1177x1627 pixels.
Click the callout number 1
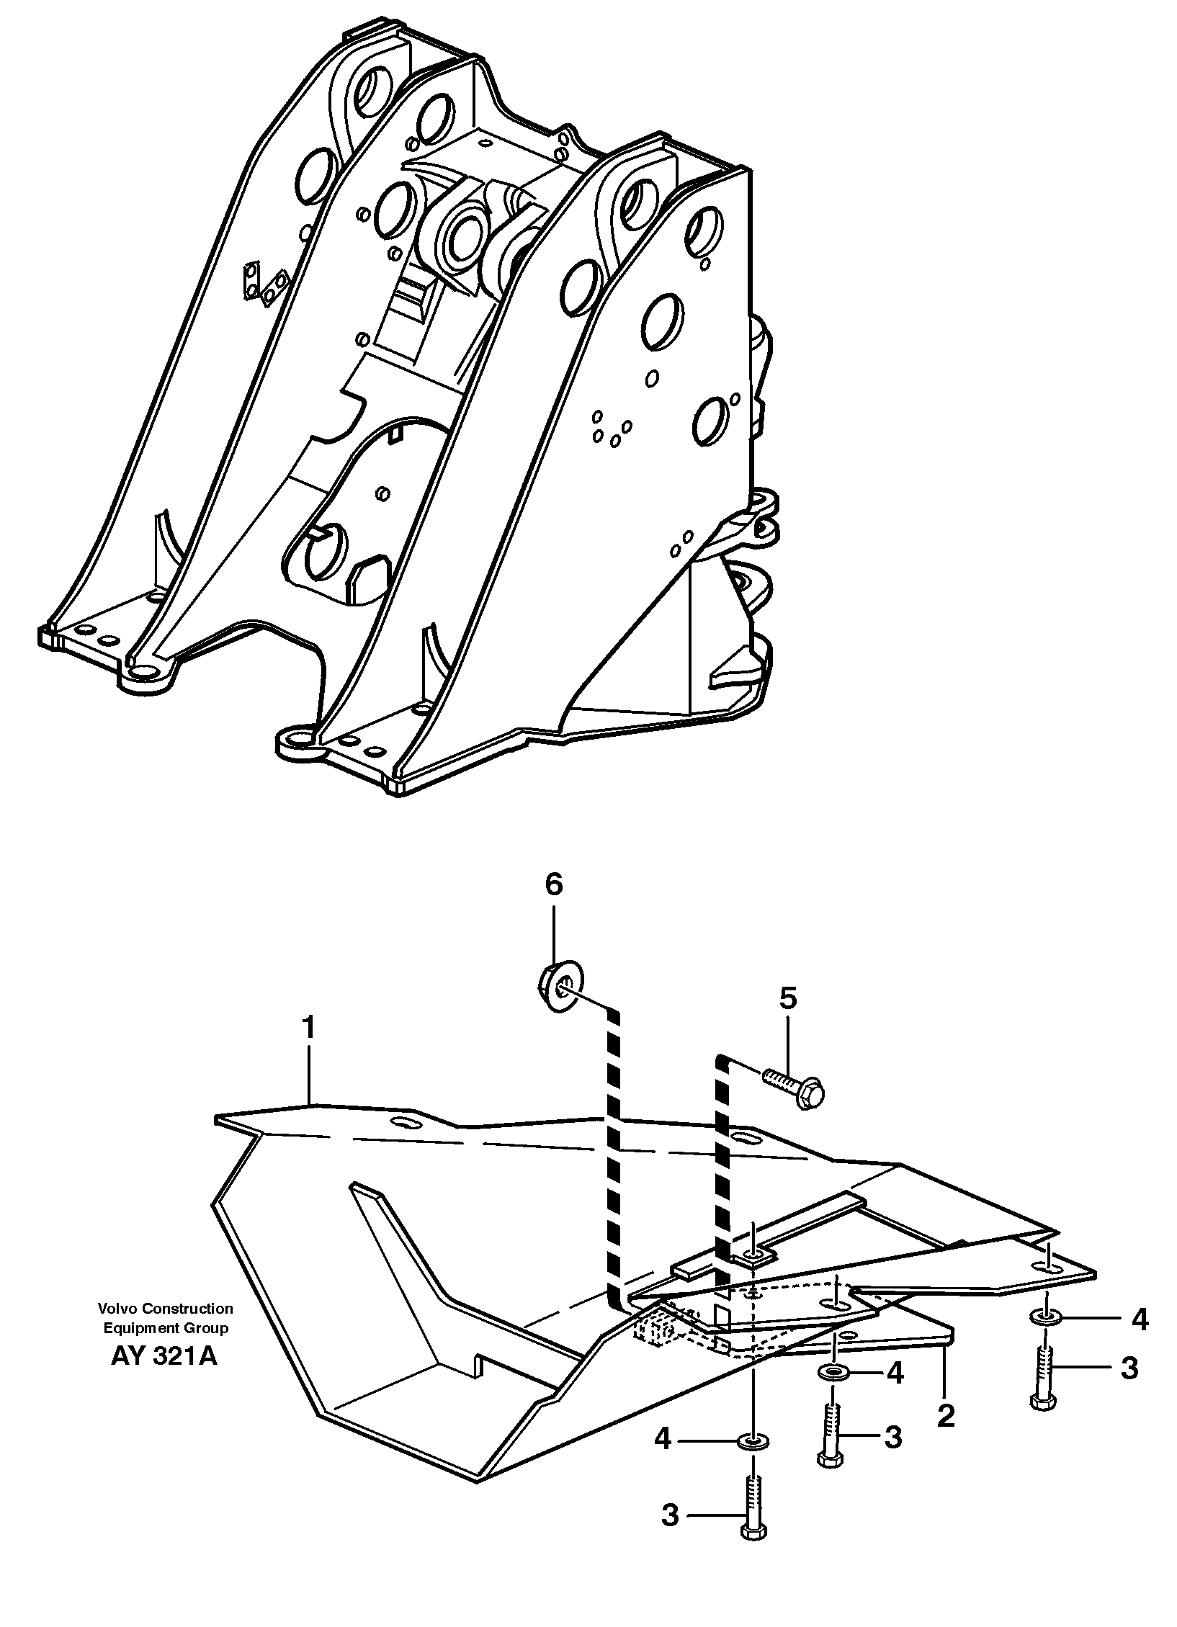click(309, 1028)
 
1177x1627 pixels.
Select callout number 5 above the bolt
click(788, 998)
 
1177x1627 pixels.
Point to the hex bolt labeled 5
click(796, 1097)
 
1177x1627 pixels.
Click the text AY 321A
click(164, 1357)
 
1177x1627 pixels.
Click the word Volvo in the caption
click(115, 1309)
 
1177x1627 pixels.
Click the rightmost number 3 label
click(1129, 1368)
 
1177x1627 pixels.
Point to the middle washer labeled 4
click(834, 1373)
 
